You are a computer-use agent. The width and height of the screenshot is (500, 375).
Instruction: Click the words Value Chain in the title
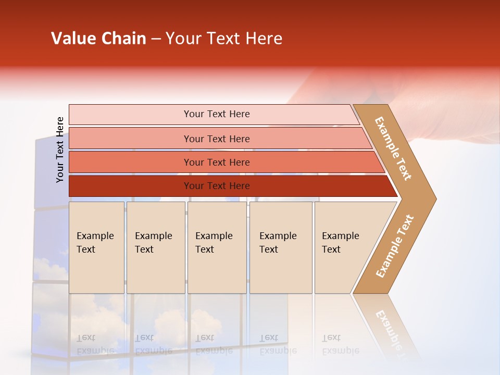98,39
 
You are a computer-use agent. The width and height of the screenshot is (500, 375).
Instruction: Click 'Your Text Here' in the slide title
224,39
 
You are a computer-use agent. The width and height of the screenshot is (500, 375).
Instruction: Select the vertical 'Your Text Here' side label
60,149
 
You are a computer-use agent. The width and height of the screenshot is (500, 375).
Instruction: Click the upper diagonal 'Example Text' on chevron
394,148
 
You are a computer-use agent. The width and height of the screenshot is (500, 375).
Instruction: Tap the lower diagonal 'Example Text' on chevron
395,246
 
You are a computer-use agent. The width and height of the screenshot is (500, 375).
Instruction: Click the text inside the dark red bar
217,186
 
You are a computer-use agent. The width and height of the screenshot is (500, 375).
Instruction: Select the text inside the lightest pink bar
217,114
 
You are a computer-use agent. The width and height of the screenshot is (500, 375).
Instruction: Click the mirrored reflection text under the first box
95,344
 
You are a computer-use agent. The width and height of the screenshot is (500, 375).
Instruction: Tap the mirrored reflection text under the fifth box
341,344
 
